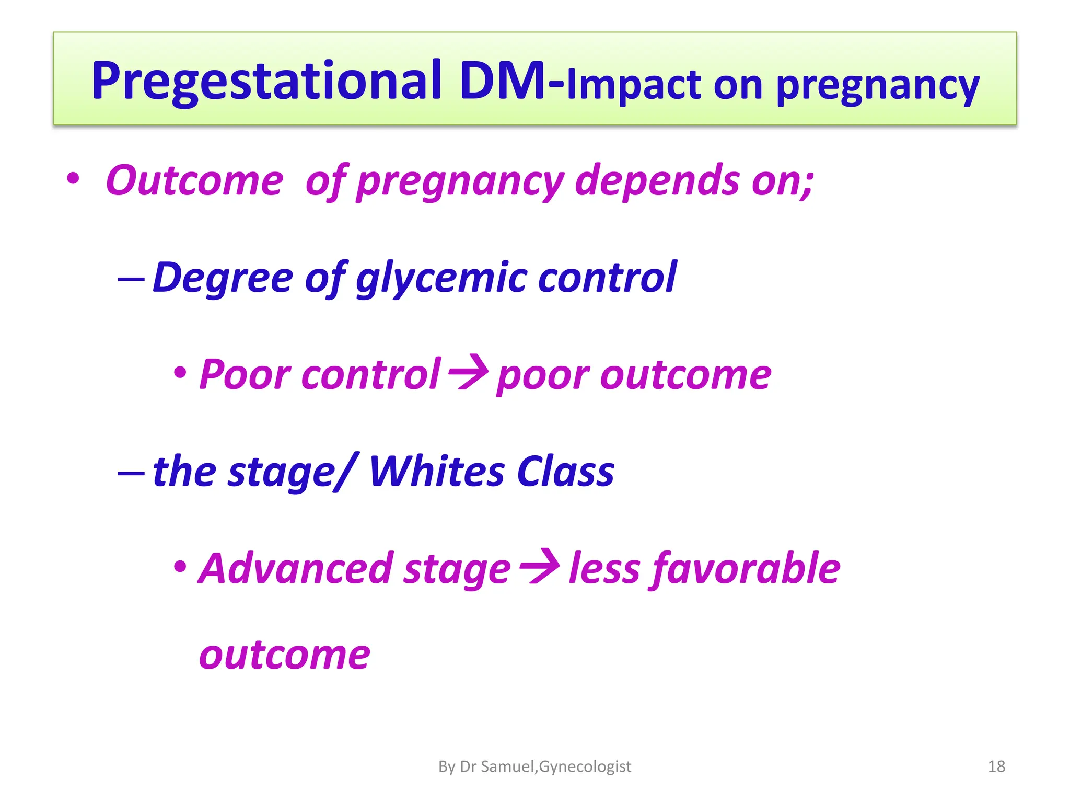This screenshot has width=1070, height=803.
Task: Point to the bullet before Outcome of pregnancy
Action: pos(73,179)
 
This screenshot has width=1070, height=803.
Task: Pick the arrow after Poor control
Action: pos(469,373)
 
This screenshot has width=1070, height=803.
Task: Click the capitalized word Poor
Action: pos(244,374)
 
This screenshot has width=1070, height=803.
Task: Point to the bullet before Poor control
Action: pos(180,373)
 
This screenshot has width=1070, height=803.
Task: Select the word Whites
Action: pos(436,472)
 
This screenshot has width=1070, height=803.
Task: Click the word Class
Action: pos(565,472)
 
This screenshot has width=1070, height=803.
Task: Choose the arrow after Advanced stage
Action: pos(540,566)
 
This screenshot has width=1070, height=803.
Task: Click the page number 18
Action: pos(996,766)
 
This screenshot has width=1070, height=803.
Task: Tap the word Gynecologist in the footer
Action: pos(585,766)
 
